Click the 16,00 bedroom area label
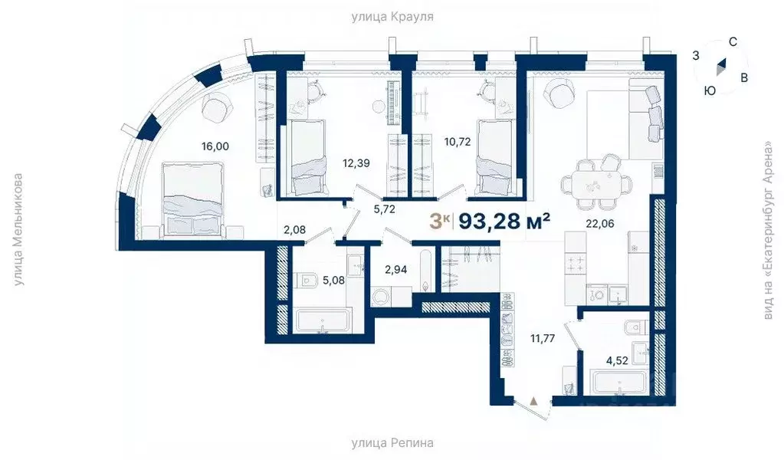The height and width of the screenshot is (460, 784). click(x=215, y=146)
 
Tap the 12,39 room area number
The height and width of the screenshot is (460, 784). click(x=356, y=163)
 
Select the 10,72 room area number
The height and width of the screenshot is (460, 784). click(x=458, y=142)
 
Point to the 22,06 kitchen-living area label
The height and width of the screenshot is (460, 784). click(x=600, y=224)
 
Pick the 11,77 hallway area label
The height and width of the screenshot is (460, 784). click(x=543, y=338)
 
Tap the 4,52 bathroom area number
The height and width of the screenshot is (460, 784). click(x=616, y=360)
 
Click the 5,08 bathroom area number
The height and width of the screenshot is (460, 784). click(x=333, y=280)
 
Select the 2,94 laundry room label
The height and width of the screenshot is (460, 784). click(x=395, y=270)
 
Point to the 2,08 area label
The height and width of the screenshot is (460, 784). click(x=294, y=230)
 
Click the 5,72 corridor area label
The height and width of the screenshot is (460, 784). click(x=385, y=209)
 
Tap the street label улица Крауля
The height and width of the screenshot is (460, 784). click(x=392, y=17)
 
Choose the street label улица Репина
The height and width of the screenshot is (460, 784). click(x=392, y=443)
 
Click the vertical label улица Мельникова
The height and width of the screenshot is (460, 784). click(x=18, y=229)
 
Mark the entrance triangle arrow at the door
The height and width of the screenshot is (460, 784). click(x=534, y=400)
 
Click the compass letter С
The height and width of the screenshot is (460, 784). click(x=733, y=42)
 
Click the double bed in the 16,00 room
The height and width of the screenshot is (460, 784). click(x=192, y=199)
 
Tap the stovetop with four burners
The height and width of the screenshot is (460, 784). click(x=576, y=263)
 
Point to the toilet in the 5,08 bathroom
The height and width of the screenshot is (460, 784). click(x=307, y=281)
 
